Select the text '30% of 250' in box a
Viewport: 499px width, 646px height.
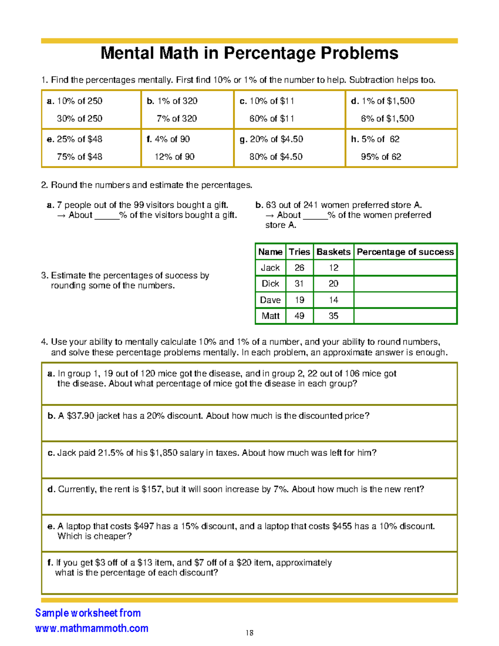coord(79,119)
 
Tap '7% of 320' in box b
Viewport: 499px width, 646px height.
coord(176,119)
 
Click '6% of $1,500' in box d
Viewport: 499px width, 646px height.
coord(387,119)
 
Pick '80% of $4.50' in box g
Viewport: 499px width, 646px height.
coord(276,157)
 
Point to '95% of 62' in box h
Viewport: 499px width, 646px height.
coord(380,157)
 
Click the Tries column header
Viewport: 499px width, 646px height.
coord(299,252)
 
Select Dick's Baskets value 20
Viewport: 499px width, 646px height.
coord(333,284)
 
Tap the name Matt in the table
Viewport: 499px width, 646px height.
coord(270,316)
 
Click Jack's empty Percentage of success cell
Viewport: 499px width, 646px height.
coord(405,268)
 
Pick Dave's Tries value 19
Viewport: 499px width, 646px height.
coord(299,300)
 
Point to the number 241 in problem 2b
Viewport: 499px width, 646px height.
coord(311,205)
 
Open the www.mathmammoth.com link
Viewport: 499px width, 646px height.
coord(92,628)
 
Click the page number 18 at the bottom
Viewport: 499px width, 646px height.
coord(249,633)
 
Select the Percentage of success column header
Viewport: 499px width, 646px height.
coord(405,252)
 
